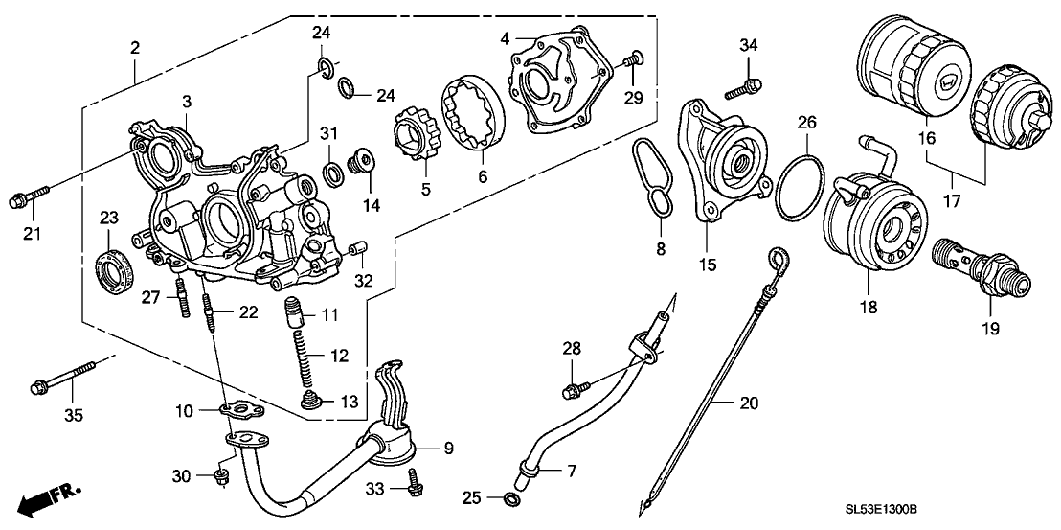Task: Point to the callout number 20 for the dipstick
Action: pos(749,403)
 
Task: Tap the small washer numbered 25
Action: pos(510,498)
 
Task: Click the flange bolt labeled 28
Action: pos(576,389)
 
